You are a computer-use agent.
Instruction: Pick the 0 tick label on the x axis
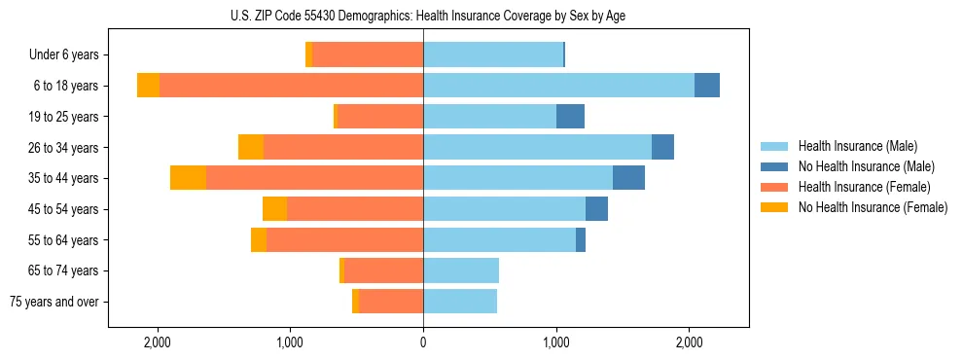coord(423,343)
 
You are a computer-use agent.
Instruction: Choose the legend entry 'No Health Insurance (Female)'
coord(873,207)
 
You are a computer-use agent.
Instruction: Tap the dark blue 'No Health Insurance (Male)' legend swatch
coord(774,166)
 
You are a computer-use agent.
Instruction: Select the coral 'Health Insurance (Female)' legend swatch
coord(774,187)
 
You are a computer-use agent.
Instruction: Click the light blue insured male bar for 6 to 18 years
coord(558,86)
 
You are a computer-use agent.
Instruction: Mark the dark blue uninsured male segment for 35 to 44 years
coord(628,178)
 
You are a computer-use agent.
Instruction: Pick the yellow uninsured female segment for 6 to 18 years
coord(148,86)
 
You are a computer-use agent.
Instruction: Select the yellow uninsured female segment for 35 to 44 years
coord(188,178)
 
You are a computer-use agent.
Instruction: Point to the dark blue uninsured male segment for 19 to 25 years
coord(570,117)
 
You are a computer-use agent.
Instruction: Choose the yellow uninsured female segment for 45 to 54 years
coord(274,209)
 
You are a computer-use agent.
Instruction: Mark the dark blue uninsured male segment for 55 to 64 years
coord(581,239)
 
